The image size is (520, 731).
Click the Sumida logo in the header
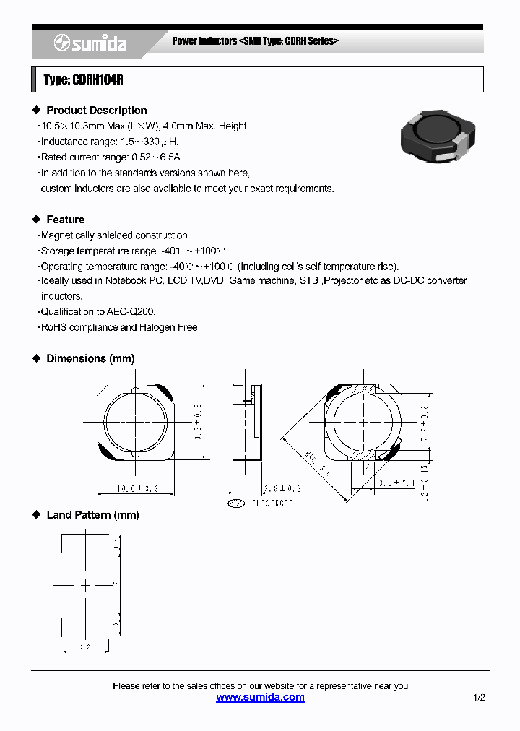90,44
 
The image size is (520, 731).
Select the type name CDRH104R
96,80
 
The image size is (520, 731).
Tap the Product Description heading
96,111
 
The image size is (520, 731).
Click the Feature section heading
65,220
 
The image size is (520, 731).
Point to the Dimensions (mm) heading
90,358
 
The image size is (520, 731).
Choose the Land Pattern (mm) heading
92,515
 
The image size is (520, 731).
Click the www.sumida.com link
260,698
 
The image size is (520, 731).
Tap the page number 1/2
479,698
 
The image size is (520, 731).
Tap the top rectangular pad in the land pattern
86,543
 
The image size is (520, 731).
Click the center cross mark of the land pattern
86,585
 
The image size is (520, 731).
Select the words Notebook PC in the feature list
134,281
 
